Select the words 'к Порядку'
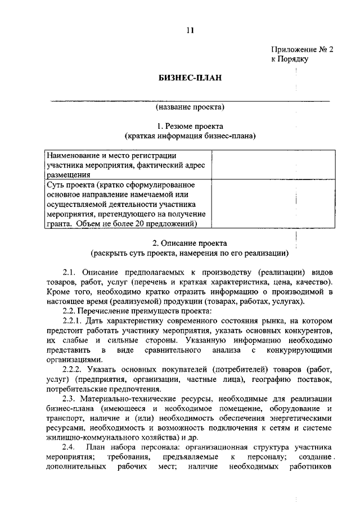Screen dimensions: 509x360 coord(290,59)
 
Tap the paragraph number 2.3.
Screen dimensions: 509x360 coord(71,399)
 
